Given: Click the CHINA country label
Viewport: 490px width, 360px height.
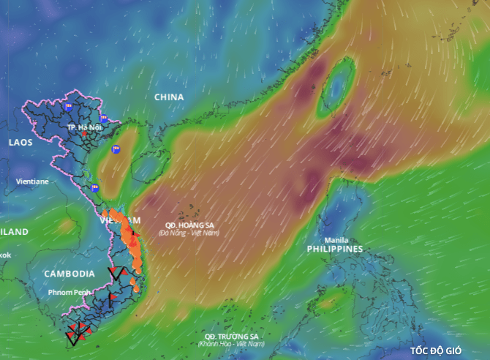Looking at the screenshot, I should tap(169, 97).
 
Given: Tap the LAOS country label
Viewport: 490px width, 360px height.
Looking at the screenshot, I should tap(20, 142).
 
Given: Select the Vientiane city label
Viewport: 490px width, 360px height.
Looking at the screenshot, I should tap(33, 181).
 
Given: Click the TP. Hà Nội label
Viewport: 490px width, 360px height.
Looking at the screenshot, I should tap(84, 127).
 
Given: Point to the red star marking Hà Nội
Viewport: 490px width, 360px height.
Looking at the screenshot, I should tap(84, 134).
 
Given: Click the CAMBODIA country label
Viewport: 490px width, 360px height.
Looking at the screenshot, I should tap(69, 273).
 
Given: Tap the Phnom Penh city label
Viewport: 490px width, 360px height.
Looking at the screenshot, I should tap(70, 292).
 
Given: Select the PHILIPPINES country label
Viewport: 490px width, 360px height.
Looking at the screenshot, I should tap(335, 249).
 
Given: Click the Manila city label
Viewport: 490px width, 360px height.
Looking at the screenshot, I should tap(336, 239).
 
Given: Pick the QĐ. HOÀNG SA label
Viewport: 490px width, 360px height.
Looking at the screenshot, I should tap(189, 225).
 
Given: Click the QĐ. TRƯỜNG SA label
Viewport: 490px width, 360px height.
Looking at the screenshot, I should tap(232, 336).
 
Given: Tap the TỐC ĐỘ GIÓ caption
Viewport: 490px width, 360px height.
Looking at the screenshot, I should tap(436, 350).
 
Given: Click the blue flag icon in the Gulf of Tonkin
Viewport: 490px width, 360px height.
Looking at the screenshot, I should tap(116, 149).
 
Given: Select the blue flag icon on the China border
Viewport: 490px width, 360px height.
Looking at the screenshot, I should tap(103, 118).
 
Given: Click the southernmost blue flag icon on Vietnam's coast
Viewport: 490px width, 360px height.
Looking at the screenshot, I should tap(94, 188).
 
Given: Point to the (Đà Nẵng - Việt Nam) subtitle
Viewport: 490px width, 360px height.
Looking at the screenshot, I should tap(189, 233).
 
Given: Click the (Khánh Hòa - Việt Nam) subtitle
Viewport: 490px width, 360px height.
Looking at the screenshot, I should tap(232, 343).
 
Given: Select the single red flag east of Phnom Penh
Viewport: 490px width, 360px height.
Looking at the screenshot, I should tap(111, 298).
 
